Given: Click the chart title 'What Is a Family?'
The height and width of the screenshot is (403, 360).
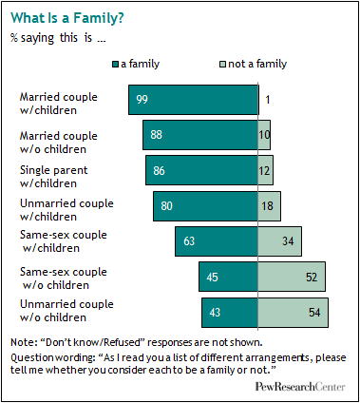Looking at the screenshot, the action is pos(67,18).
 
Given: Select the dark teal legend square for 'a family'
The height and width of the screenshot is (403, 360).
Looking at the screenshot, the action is pos(115,65).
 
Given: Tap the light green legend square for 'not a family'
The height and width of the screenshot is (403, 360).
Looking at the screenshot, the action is pos(223,65).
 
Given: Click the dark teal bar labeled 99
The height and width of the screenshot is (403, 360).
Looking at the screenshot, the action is pos(194,100).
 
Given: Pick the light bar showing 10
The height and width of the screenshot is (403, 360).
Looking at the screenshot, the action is pos(264,135).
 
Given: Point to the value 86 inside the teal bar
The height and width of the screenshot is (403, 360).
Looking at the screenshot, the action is pos(159,171).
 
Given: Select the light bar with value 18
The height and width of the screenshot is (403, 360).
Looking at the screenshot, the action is pos(269,206).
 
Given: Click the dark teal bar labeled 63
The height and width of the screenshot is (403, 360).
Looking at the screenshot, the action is pos(217,241).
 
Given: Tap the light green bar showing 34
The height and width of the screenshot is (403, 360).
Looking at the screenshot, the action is pos(280,241).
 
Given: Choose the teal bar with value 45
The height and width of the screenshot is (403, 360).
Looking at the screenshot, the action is pos(228,277).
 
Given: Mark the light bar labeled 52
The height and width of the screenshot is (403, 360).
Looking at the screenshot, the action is pos(292,277).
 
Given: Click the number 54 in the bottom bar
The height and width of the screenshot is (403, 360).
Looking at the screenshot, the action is pos(314,313).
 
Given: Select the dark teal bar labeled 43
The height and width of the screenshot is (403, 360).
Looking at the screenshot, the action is pos(230,313).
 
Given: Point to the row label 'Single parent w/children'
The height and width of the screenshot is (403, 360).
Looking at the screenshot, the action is pos(53,177).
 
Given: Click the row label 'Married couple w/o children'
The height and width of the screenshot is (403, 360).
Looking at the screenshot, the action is pos(59,143).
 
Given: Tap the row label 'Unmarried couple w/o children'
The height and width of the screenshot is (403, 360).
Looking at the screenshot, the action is pos(66,311).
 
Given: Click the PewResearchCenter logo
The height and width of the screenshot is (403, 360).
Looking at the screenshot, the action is pos(300,387).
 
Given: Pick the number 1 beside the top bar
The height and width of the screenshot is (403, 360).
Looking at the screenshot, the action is pos(268,100).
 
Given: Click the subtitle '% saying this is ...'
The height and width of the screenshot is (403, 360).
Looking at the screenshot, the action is pos(58,38).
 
